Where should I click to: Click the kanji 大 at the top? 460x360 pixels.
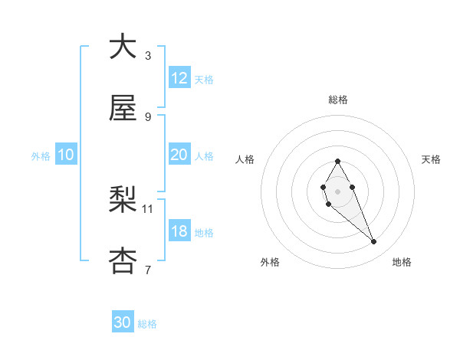coord(123,47)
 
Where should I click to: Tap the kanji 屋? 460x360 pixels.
coord(123,109)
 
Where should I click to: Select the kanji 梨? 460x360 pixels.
coord(123,201)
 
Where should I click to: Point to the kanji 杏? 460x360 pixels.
coord(123,261)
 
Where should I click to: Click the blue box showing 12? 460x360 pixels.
coord(179,78)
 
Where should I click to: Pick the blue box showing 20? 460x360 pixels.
coord(179,155)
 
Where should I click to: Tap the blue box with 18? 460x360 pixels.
coord(179,231)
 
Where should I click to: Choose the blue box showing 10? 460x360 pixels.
coord(66,155)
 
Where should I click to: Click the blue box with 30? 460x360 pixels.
coord(123,323)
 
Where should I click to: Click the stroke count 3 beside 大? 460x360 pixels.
coord(148,55)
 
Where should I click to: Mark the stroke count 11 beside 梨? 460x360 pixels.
coord(148,208)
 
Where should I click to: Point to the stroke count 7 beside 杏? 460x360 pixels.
coord(148,269)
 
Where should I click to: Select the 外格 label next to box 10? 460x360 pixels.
coord(41,155)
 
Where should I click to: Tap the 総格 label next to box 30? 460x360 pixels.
coord(147,324)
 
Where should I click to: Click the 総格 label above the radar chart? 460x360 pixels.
coord(338,100)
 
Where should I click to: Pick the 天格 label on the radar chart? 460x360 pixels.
coord(431,159)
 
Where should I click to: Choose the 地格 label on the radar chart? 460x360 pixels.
coord(402,262)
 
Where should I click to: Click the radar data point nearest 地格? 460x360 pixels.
coord(374,242)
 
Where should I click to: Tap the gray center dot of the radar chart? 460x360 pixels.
coord(337,191)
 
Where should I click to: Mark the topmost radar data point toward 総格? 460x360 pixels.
coord(337,161)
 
